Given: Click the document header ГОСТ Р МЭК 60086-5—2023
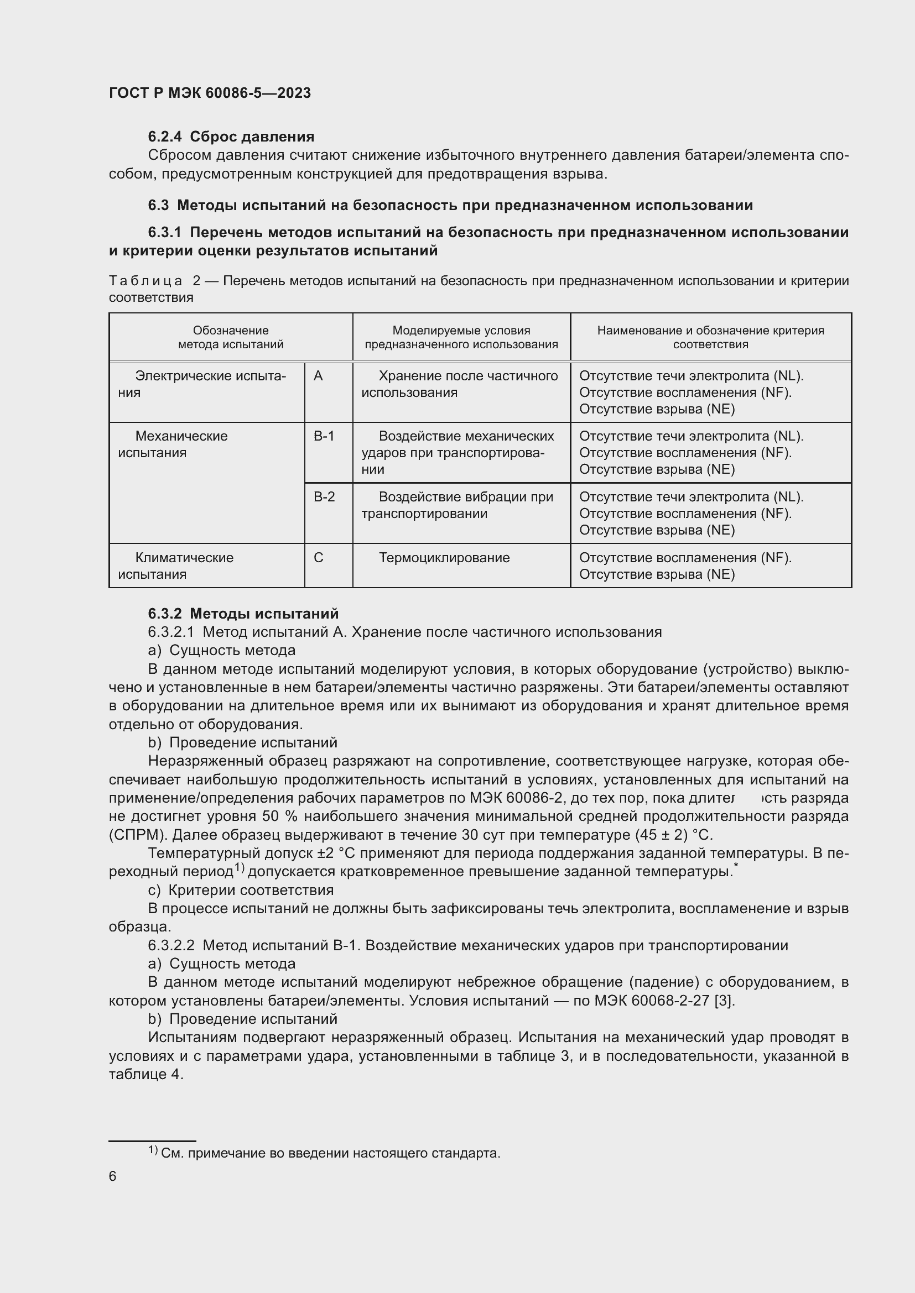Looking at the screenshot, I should point(210,93).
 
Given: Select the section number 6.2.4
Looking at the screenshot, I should point(164,137).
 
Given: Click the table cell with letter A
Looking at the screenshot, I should point(318,376).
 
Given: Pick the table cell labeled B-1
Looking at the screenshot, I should point(324,437).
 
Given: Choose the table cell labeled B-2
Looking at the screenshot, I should point(324,498).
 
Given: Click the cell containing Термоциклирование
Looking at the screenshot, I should point(444,558).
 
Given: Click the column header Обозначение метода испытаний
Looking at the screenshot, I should point(231,337).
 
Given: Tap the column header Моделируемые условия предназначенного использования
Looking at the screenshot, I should point(461,337).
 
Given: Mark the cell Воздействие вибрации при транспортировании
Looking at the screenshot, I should point(457,505).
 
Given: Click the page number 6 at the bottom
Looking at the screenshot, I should point(113,1176).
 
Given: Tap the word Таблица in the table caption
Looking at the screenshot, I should point(145,281).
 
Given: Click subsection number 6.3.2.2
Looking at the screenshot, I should point(171,945).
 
